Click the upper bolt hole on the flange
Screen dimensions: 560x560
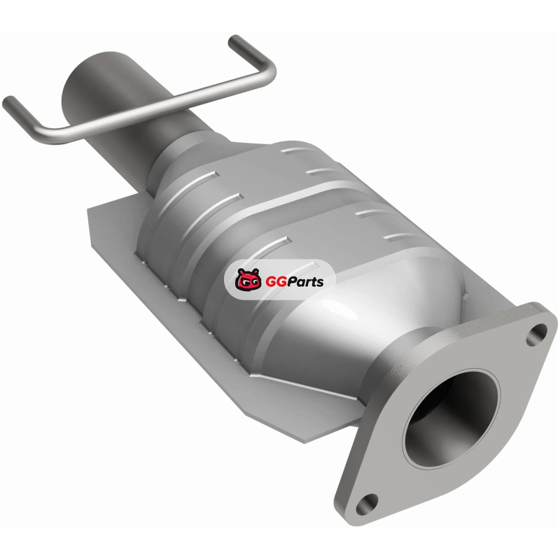coord(537,335)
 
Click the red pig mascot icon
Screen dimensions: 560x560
coord(248,279)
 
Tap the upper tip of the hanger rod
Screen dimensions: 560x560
coord(234,40)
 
